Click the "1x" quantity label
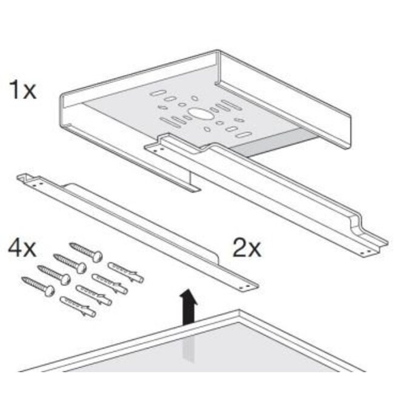tap(23, 92)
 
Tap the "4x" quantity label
tap(22, 249)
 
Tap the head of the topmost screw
tap(98, 257)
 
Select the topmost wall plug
tap(126, 272)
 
